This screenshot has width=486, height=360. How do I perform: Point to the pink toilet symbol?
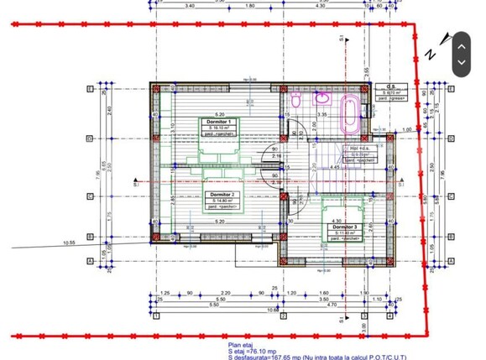pos(296,101)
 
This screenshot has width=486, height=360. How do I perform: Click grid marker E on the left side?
pos(89,88)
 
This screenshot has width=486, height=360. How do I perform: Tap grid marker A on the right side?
pos(452,261)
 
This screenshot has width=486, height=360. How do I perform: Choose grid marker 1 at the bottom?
pos(156,316)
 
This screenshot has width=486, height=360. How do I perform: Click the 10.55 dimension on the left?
pos(68,243)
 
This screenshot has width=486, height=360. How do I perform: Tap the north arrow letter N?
pos(431,55)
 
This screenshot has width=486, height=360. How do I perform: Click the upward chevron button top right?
pos(461,44)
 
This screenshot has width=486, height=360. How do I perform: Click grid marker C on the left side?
pos(89,197)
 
